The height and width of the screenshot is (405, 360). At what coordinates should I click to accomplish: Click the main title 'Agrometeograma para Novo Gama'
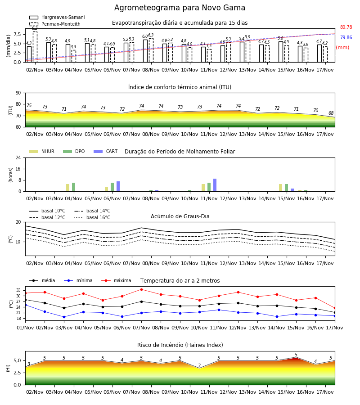180,8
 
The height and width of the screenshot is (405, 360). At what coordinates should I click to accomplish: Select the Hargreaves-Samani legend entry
57,17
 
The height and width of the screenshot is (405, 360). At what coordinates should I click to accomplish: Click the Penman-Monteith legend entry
55,24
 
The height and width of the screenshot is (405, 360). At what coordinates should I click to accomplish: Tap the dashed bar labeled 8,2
35,47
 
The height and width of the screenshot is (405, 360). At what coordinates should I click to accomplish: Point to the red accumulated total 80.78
346,27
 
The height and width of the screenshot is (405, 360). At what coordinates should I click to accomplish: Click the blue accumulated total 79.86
346,37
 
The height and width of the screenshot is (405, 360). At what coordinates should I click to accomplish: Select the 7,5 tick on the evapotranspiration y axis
17,34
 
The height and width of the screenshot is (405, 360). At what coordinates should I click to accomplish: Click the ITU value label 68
331,113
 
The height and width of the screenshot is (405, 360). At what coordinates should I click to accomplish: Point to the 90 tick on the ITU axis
18,93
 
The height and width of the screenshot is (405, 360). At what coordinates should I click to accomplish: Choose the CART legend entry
106,151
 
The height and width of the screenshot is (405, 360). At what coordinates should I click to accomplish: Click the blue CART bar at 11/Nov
215,185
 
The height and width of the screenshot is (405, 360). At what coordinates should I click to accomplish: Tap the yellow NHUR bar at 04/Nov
67,188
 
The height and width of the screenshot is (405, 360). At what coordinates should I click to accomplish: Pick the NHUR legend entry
42,151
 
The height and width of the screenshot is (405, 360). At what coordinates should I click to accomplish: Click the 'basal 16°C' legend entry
92,217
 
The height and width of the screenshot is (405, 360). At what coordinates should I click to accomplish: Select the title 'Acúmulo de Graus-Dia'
180,216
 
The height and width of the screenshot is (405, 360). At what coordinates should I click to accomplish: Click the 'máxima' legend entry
116,280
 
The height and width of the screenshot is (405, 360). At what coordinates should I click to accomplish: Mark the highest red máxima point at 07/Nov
141,289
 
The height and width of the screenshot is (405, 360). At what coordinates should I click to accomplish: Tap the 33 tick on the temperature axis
18,290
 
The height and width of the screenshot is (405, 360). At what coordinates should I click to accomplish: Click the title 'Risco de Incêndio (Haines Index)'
180,345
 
